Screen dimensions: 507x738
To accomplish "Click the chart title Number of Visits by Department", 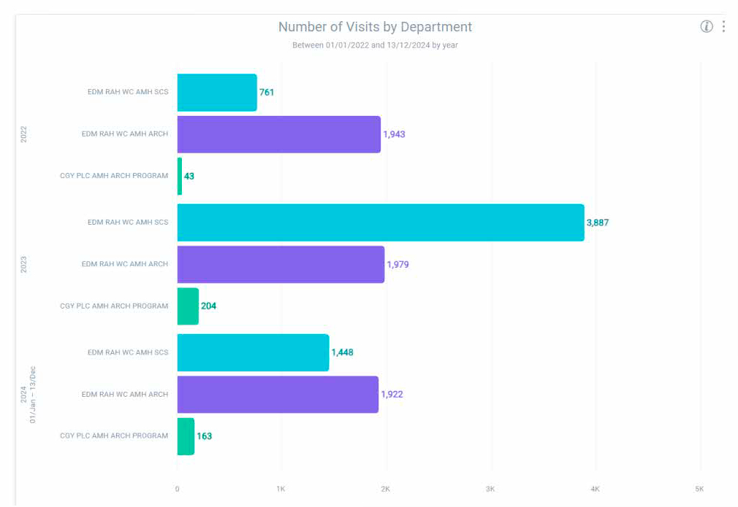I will click(x=375, y=27).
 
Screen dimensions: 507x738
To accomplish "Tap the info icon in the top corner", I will click(x=707, y=26).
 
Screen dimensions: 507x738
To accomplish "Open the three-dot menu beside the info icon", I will click(x=723, y=26).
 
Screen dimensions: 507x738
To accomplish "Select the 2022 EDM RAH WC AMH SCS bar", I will click(x=217, y=93).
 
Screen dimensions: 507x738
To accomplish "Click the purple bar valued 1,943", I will click(x=278, y=134).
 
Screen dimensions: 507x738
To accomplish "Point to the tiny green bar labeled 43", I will click(x=180, y=176).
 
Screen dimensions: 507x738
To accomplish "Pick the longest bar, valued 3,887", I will click(x=380, y=222).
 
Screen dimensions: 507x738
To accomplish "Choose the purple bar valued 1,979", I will click(x=281, y=264).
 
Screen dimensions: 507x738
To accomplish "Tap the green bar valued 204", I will click(x=188, y=306).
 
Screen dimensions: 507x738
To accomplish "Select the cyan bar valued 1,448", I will click(x=253, y=352).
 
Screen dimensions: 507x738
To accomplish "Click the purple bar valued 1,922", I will click(x=278, y=394).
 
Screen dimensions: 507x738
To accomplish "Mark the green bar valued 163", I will click(x=186, y=436).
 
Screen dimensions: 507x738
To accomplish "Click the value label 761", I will click(x=267, y=93).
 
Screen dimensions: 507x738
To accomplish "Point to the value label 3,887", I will click(x=597, y=222).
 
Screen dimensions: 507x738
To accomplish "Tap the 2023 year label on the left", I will click(x=23, y=264).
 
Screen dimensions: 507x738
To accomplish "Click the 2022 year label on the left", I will click(x=23, y=134).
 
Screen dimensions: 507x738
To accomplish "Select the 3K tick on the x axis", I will click(x=490, y=488).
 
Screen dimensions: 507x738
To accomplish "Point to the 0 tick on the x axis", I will click(x=177, y=488).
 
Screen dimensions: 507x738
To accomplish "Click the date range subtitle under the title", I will click(x=375, y=45).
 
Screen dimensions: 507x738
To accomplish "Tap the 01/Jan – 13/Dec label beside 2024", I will click(x=33, y=394).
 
